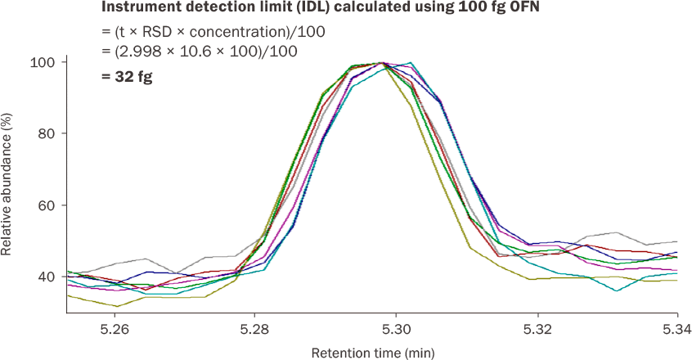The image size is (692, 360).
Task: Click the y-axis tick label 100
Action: pyautogui.click(x=43, y=62)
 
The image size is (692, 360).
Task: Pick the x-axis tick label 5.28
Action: pyautogui.click(x=254, y=331)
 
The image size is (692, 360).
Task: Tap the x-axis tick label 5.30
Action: pyautogui.click(x=396, y=331)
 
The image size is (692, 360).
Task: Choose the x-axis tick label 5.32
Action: pyautogui.click(x=537, y=331)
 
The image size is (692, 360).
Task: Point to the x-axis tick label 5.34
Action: pyautogui.click(x=675, y=331)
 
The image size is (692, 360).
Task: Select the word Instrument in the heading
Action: pyautogui.click(x=136, y=8)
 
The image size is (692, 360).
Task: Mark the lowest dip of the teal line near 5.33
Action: pyautogui.click(x=617, y=290)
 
